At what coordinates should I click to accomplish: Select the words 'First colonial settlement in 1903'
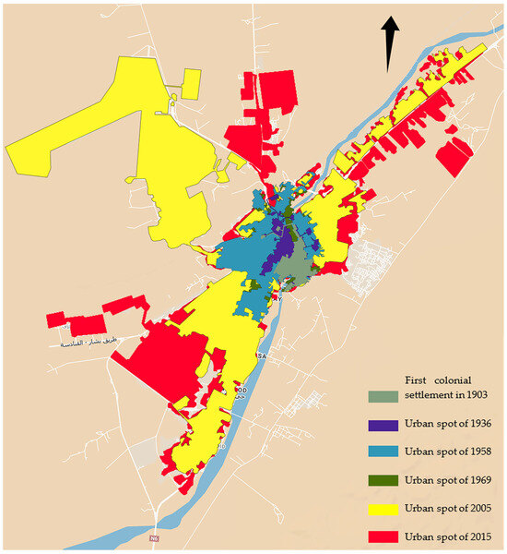pos(446,388)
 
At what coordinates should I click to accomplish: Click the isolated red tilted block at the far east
pos(454,158)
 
